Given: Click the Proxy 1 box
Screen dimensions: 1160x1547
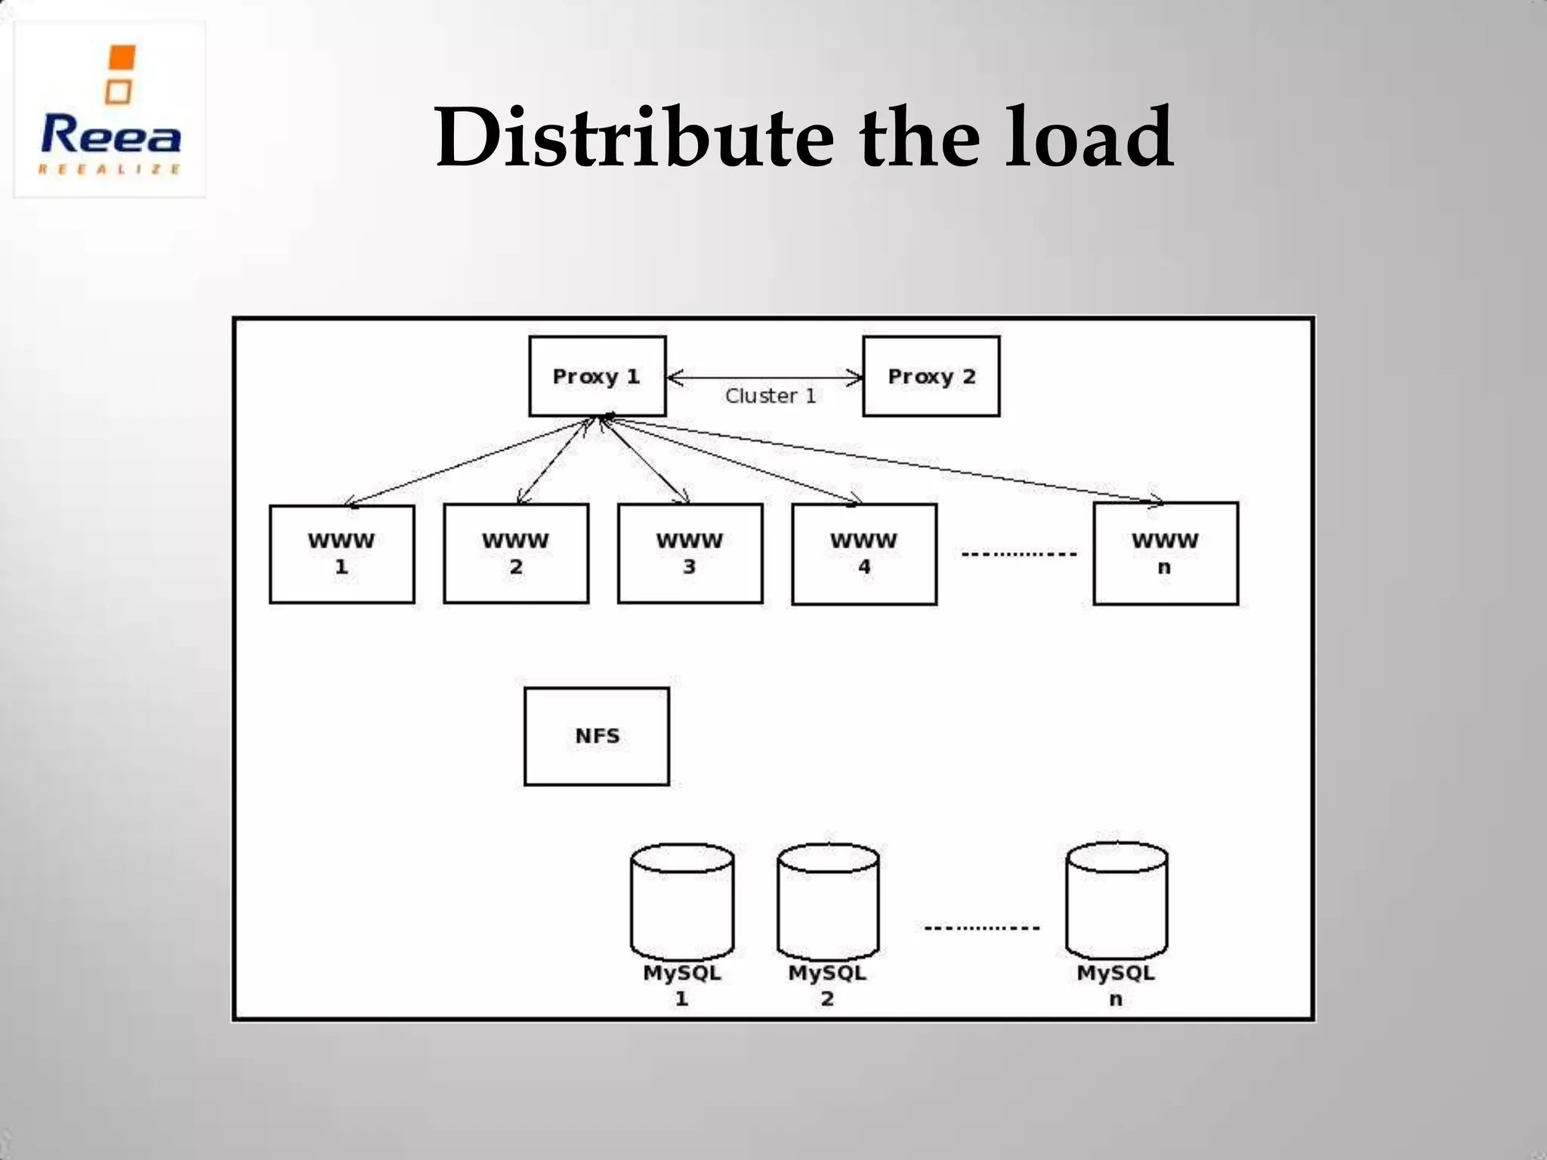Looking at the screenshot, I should tap(597, 376).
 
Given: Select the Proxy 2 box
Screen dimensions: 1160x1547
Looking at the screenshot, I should tap(931, 376).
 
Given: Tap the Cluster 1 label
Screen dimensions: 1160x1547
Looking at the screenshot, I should tap(770, 396).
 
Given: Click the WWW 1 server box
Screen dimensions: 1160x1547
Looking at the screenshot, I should tap(341, 554).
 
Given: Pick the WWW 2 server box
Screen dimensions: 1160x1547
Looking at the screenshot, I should tap(516, 554).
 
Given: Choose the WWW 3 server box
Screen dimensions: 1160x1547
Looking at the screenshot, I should tap(690, 554).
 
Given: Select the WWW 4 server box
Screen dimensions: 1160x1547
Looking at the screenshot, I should tap(864, 554).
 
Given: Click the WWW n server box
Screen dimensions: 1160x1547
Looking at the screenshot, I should tap(1165, 554).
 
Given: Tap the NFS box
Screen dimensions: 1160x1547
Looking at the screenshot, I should tap(597, 736).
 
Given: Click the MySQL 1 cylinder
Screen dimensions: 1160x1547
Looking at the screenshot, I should tap(682, 902).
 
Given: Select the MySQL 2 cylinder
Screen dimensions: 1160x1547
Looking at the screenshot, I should tap(828, 902).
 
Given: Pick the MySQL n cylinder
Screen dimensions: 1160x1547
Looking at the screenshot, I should tap(1116, 902).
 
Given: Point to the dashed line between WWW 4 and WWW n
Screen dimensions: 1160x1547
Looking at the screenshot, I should tap(1018, 554).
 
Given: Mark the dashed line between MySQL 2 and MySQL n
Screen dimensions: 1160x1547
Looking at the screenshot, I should tap(982, 927).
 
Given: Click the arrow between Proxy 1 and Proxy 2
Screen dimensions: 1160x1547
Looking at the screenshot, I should tap(764, 378).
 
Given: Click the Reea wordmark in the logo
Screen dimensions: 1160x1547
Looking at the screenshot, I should tap(111, 136).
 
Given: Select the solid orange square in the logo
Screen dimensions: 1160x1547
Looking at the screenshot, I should tap(122, 57).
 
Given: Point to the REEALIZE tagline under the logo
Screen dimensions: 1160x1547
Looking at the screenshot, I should tap(110, 169).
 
